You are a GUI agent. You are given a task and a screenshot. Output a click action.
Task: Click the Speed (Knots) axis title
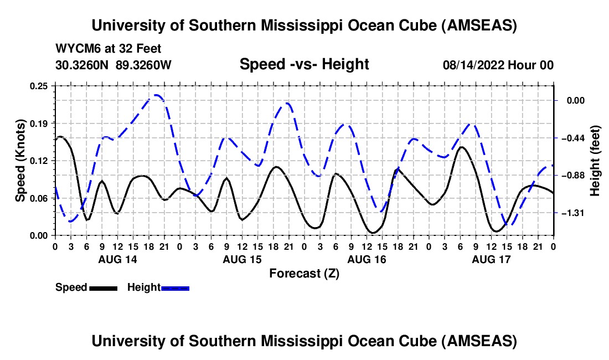click(x=20, y=161)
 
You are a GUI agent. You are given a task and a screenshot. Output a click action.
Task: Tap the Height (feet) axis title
click(x=596, y=161)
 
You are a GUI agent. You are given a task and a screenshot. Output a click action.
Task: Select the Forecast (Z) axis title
click(x=304, y=273)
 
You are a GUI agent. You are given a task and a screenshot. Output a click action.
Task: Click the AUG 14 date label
click(x=118, y=259)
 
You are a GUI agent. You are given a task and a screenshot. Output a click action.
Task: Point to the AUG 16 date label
click(x=367, y=259)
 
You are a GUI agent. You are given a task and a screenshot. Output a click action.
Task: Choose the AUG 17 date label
click(x=491, y=259)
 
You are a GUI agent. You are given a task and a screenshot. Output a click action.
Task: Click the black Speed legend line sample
click(x=103, y=288)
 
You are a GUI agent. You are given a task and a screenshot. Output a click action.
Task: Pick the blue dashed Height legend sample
click(x=175, y=288)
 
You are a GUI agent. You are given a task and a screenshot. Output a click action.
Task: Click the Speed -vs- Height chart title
click(x=304, y=65)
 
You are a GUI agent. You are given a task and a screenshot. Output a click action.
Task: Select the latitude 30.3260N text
click(x=82, y=65)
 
